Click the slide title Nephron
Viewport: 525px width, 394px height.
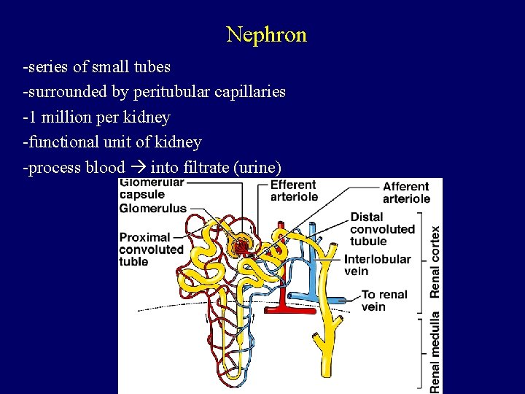266,34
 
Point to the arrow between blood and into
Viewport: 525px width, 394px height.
138,167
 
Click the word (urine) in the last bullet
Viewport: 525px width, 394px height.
255,167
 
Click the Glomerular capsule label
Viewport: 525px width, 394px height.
152,189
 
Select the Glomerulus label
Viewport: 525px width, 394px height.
153,209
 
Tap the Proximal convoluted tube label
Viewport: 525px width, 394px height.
151,249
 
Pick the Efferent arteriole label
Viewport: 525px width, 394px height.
294,190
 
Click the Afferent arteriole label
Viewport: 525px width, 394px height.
406,193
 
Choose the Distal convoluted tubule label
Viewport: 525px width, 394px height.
382,229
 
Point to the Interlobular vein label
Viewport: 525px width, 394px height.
377,265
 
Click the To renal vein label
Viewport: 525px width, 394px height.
384,301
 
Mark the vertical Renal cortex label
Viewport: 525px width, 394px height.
435,260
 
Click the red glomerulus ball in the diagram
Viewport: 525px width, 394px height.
239,247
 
